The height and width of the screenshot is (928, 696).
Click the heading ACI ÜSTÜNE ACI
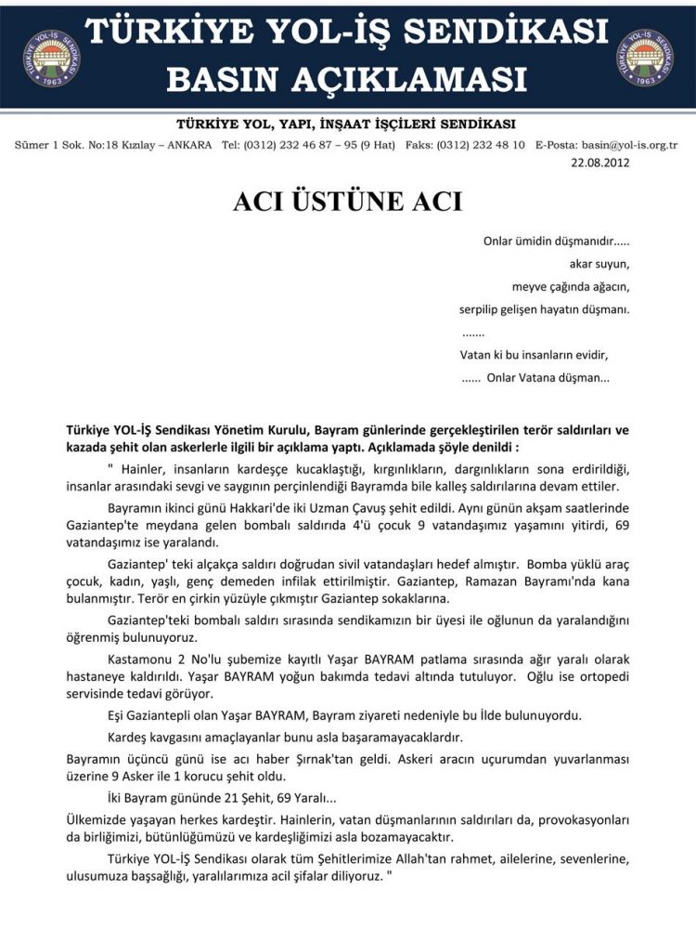347,201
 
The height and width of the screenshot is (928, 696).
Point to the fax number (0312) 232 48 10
480,145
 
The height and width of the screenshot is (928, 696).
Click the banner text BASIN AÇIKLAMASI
346,79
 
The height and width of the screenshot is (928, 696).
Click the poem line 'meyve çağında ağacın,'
571,286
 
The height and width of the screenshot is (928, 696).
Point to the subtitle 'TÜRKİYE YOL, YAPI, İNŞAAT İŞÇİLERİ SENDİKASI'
346,124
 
